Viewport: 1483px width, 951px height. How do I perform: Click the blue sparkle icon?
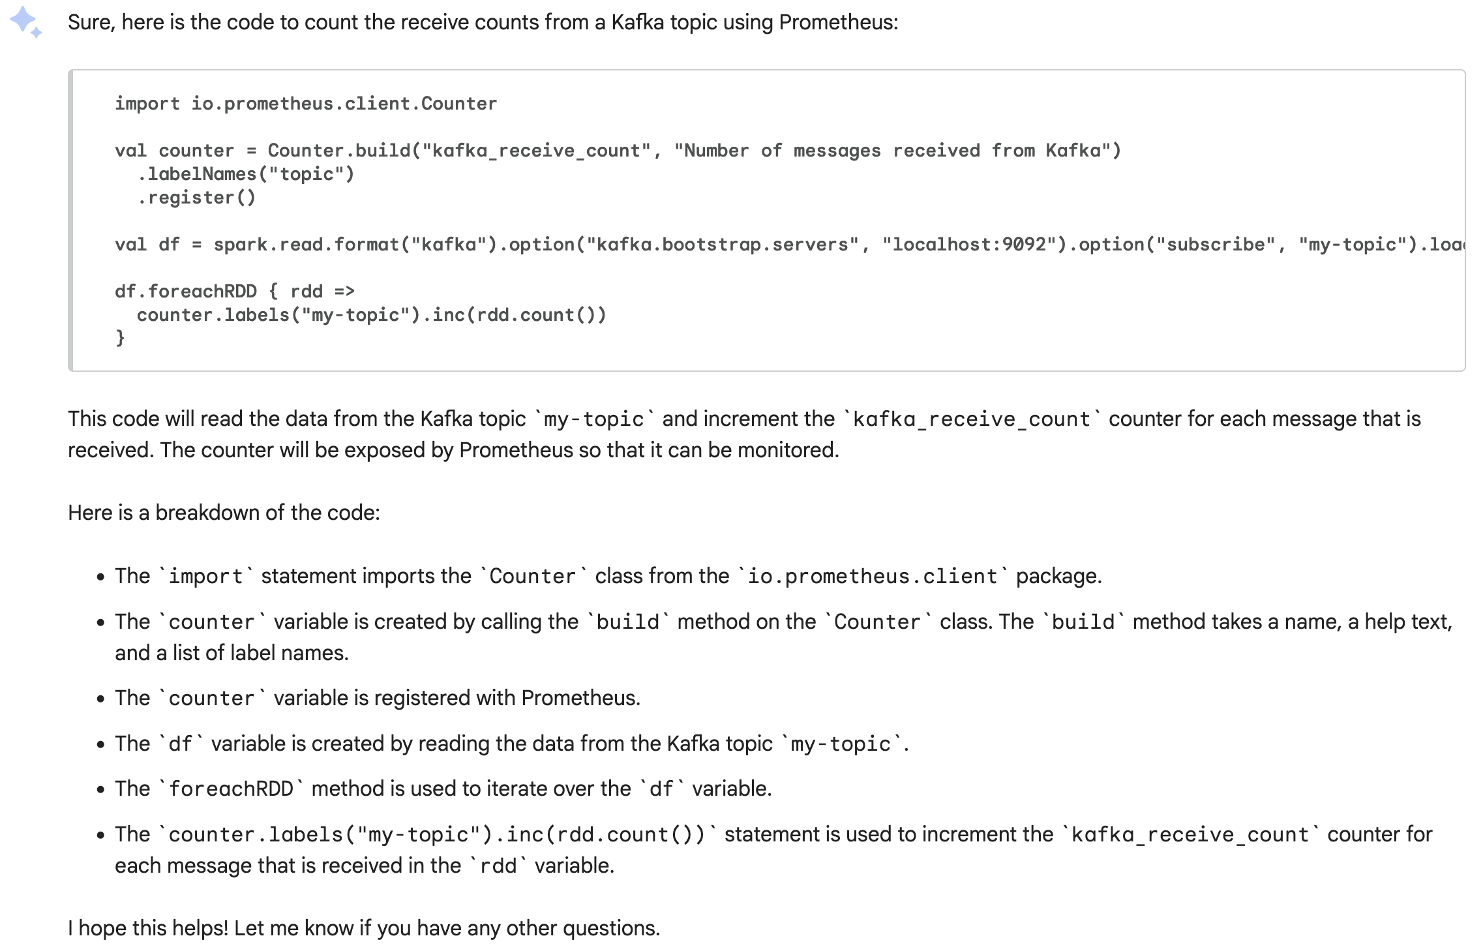[x=25, y=22]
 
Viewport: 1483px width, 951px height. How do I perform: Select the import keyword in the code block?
[x=147, y=104]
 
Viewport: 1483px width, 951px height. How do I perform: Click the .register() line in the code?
[x=196, y=198]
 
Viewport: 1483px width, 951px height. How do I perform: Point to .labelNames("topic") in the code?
[x=246, y=174]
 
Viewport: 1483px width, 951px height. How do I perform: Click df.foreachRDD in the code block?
[x=186, y=292]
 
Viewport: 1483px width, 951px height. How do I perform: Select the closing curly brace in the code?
[x=120, y=338]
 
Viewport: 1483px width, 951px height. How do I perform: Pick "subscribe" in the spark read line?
[x=1216, y=245]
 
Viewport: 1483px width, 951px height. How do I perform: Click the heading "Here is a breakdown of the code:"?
[x=224, y=513]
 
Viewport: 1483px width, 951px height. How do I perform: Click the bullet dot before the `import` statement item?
[x=100, y=577]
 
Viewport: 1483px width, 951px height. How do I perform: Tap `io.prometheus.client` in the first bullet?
[x=873, y=577]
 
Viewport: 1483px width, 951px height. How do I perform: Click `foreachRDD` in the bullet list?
[x=231, y=789]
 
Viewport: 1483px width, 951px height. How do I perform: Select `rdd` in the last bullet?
[x=498, y=866]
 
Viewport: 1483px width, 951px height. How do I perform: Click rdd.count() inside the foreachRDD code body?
[x=535, y=315]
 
